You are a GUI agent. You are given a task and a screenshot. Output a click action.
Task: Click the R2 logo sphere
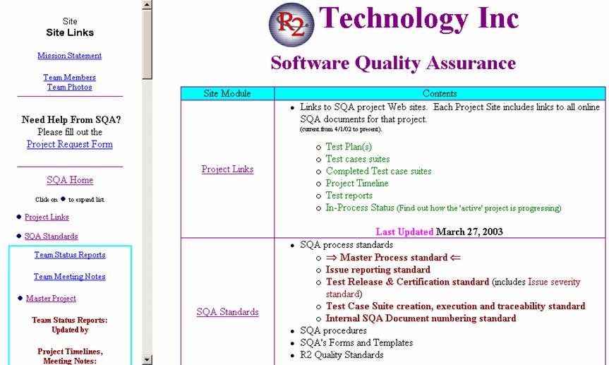[291, 25]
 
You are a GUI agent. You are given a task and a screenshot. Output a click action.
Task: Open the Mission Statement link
[70, 56]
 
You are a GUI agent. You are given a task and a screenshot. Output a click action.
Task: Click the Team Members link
[70, 78]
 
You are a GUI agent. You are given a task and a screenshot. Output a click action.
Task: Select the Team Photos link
[70, 87]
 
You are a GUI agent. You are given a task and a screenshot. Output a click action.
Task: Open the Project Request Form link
[70, 144]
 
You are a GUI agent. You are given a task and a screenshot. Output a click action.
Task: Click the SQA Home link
[70, 180]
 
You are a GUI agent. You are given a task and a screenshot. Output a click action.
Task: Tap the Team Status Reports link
[70, 255]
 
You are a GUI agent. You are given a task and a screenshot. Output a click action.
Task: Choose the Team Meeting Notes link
[70, 276]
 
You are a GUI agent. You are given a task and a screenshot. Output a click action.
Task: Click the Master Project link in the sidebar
[51, 298]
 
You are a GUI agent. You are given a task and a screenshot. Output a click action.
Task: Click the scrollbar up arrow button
[147, 5]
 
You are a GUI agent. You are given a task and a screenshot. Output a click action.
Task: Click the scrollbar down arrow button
[147, 359]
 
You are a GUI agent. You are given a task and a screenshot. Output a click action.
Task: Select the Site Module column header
[227, 93]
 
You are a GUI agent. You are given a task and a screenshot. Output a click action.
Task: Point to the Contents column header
[440, 93]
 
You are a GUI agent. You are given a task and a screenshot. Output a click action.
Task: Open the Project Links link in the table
[228, 169]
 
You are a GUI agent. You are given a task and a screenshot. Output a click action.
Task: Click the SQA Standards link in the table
[228, 312]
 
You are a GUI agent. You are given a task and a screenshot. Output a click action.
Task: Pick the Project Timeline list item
[357, 183]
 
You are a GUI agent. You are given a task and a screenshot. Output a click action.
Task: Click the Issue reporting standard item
[378, 270]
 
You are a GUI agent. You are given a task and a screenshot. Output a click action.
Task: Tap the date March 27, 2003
[469, 232]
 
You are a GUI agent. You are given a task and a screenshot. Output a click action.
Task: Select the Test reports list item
[349, 196]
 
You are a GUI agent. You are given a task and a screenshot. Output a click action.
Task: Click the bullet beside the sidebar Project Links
[18, 217]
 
